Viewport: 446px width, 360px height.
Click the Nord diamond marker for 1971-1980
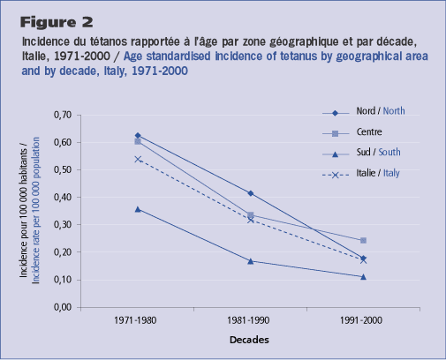tap(138, 136)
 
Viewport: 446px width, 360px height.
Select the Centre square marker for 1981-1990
tap(251, 215)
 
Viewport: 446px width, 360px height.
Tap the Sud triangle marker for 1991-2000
tap(363, 277)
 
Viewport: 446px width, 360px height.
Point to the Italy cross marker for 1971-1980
tap(138, 159)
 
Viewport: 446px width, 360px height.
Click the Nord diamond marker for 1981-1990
tap(251, 193)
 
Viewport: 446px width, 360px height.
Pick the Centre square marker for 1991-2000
tap(363, 241)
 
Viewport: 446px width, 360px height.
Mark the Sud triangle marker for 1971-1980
tap(138, 209)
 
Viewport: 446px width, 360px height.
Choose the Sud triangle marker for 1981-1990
tap(251, 261)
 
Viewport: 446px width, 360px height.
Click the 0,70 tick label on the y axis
tap(63, 115)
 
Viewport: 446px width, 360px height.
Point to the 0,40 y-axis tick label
tap(63, 197)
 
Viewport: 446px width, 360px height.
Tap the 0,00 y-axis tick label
tap(63, 307)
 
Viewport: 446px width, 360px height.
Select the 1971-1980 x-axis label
tap(135, 320)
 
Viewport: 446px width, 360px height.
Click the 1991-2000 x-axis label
tap(361, 320)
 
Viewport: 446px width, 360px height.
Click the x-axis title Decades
tap(249, 340)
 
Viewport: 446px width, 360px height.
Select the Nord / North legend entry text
tap(381, 111)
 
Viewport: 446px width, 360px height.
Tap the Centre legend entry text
tap(369, 131)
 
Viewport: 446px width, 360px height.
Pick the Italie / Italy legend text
tap(378, 173)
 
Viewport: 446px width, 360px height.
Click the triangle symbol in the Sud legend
tap(335, 154)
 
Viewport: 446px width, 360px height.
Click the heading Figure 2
tap(57, 22)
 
